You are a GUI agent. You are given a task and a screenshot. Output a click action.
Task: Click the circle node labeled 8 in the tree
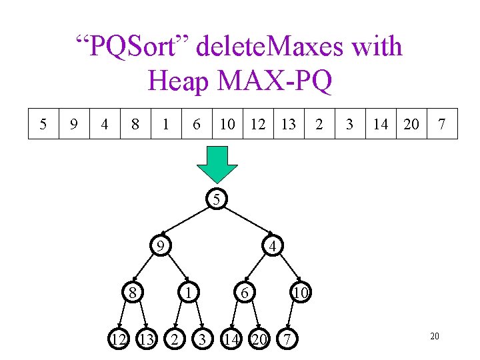click(133, 292)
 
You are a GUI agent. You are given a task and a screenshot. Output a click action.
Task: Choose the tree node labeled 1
click(189, 292)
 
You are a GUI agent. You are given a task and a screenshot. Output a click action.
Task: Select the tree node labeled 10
click(301, 292)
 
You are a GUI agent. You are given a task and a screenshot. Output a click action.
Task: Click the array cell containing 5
click(43, 123)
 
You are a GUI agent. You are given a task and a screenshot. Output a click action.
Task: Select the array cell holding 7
click(442, 123)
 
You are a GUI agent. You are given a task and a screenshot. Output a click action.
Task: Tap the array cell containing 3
click(349, 123)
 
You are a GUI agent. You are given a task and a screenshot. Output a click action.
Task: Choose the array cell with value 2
click(319, 123)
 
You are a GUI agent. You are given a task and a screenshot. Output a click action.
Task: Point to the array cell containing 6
click(196, 123)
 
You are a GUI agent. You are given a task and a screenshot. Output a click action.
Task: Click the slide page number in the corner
click(434, 337)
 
